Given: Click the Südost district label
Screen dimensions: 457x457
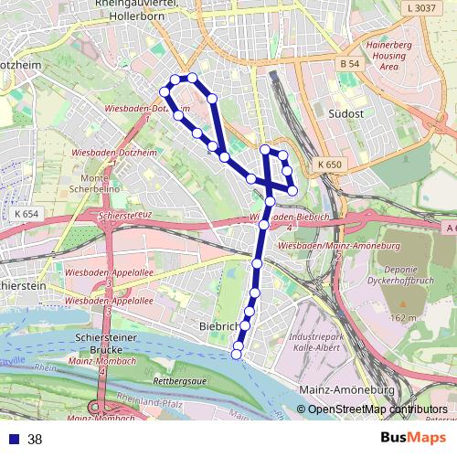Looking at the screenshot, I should pyautogui.click(x=345, y=113).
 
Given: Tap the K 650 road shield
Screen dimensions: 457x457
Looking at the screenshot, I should pyautogui.click(x=330, y=165).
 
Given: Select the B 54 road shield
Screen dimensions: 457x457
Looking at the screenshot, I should pyautogui.click(x=347, y=64).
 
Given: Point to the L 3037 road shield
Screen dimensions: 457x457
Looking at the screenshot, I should pyautogui.click(x=419, y=8).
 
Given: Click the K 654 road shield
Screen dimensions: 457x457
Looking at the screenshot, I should pyautogui.click(x=27, y=213).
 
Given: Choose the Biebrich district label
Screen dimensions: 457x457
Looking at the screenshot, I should pyautogui.click(x=218, y=325).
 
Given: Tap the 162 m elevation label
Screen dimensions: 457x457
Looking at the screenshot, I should pyautogui.click(x=402, y=317).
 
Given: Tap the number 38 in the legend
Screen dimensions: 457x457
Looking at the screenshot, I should pyautogui.click(x=35, y=439).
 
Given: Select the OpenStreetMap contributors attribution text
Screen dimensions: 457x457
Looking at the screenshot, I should pyautogui.click(x=377, y=409).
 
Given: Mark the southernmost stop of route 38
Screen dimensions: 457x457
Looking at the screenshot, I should pyautogui.click(x=237, y=355).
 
